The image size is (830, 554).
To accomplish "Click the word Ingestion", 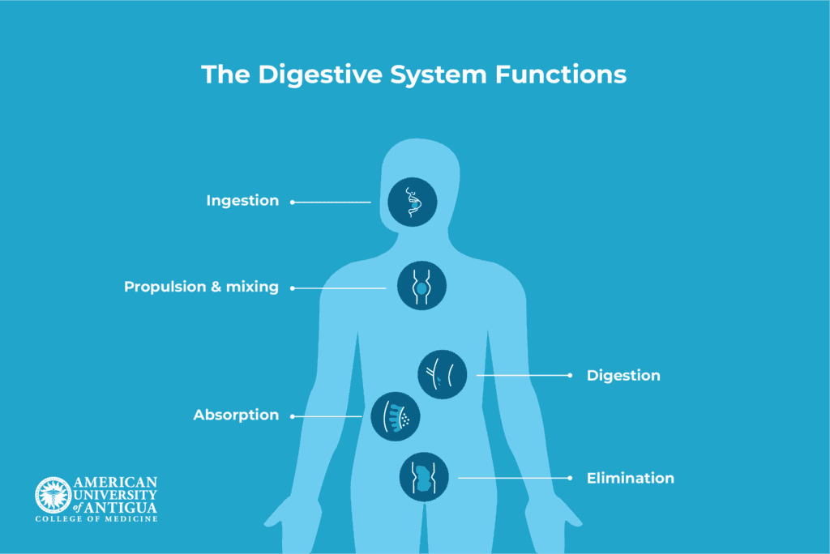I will [x=242, y=201].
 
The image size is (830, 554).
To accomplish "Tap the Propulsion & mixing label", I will [x=201, y=288].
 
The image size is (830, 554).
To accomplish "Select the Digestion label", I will [x=623, y=376].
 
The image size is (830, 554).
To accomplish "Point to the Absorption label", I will [x=236, y=415].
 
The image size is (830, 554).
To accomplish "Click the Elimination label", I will [x=630, y=479].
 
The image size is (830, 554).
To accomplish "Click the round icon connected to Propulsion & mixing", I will [x=422, y=288].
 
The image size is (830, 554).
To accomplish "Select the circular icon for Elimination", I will [x=424, y=476].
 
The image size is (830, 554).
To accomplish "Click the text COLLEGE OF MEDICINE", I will [x=96, y=518].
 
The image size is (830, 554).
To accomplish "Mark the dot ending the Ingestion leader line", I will [x=292, y=202].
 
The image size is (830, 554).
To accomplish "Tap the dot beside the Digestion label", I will [x=570, y=376].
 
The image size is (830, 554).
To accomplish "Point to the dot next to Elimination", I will [x=570, y=479].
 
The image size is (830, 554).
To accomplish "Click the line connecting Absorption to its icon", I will [x=327, y=416].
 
